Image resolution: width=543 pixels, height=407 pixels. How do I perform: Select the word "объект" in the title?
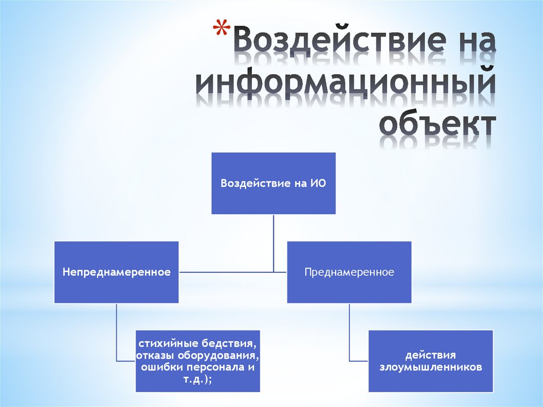(x=438, y=125)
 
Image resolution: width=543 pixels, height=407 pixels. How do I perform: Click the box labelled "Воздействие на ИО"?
(x=274, y=183)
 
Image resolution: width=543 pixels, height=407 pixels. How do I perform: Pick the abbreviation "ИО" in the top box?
(x=318, y=184)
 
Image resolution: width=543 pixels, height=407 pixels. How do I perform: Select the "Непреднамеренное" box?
(x=117, y=272)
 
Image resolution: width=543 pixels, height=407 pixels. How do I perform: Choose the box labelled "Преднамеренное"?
(x=349, y=272)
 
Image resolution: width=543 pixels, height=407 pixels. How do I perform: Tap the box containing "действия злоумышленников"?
(x=431, y=361)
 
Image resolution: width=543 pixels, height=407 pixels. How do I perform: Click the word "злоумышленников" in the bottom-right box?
(x=431, y=367)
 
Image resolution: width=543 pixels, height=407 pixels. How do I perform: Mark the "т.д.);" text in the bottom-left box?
(x=197, y=378)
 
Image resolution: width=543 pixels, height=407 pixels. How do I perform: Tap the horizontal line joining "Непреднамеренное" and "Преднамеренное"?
(x=233, y=272)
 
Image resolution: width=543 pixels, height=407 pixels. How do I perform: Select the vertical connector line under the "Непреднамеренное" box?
(x=117, y=332)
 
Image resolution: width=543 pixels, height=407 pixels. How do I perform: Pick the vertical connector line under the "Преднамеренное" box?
(x=349, y=332)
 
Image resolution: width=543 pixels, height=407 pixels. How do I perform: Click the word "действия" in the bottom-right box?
(x=431, y=355)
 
